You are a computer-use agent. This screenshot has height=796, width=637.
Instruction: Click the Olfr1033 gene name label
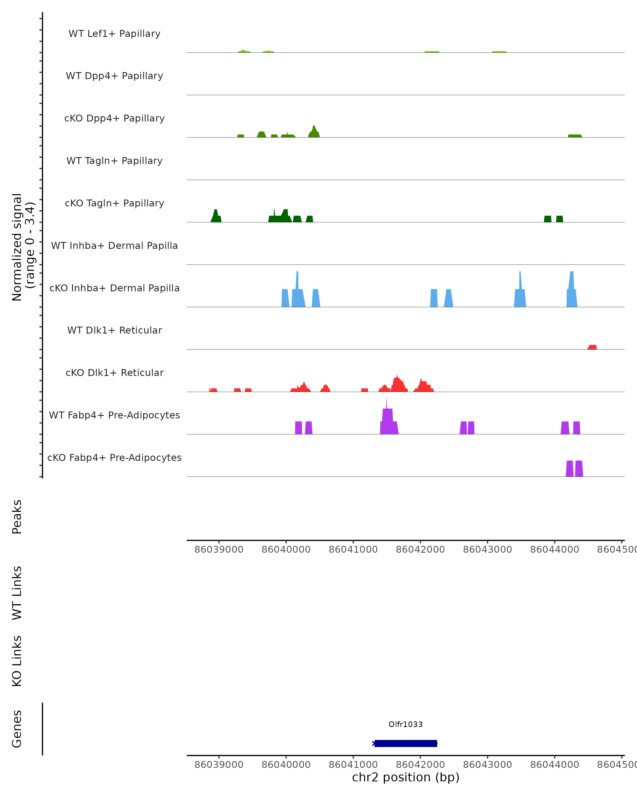click(406, 724)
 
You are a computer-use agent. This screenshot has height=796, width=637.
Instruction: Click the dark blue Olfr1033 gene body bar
click(406, 743)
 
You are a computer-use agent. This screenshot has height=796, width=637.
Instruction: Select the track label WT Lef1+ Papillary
click(114, 34)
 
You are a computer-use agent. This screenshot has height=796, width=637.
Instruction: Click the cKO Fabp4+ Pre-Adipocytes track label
click(114, 457)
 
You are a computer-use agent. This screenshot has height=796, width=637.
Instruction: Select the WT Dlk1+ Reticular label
click(114, 330)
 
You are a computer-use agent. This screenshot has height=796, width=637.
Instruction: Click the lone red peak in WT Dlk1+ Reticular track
click(592, 347)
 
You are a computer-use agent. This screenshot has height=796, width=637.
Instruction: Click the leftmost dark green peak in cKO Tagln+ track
click(216, 216)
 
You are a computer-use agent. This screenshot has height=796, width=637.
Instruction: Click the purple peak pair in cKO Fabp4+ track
click(574, 469)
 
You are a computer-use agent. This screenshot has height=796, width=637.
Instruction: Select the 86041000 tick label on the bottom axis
click(353, 764)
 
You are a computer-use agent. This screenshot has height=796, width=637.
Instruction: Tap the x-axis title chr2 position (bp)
click(406, 777)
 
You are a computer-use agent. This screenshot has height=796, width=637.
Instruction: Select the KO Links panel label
click(17, 661)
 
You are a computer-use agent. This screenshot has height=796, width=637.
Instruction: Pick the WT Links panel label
click(17, 593)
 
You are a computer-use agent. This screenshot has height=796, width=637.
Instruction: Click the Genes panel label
click(17, 729)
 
